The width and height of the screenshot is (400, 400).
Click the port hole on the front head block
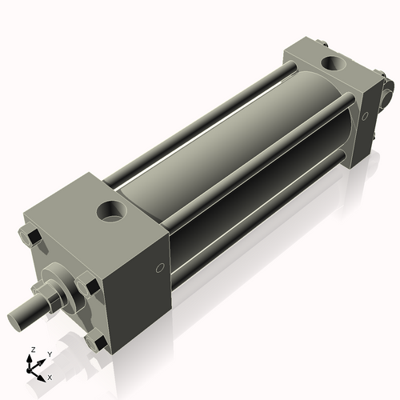click(x=111, y=212)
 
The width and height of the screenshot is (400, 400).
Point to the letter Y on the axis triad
click(x=49, y=354)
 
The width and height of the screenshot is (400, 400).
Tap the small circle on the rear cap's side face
click(x=365, y=116)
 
